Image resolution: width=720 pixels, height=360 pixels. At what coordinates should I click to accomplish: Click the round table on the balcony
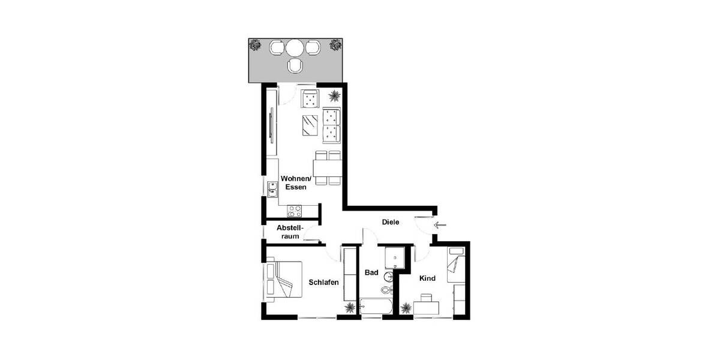coord(295,47)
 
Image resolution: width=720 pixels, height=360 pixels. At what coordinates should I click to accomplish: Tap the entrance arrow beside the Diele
coord(441,226)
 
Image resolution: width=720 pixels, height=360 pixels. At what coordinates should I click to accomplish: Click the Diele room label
coord(391,223)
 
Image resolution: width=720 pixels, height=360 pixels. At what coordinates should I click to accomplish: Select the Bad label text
coord(371,272)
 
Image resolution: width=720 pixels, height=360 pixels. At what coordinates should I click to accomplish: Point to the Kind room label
coord(427,278)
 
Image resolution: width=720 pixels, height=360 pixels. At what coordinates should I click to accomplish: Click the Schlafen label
coord(323,283)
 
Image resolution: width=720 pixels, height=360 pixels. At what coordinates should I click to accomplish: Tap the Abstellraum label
coord(290,232)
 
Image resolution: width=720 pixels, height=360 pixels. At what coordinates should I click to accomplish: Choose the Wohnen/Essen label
coord(296,183)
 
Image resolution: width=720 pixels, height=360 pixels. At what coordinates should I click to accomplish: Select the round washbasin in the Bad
coord(389,277)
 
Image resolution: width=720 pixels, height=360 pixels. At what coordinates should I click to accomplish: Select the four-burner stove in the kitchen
coord(295,211)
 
